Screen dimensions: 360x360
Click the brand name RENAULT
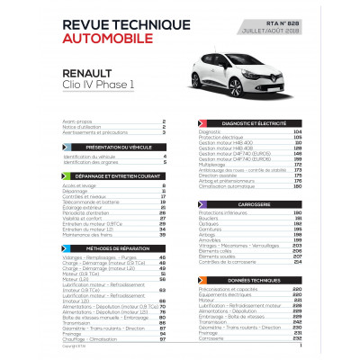[x=93, y=76]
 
